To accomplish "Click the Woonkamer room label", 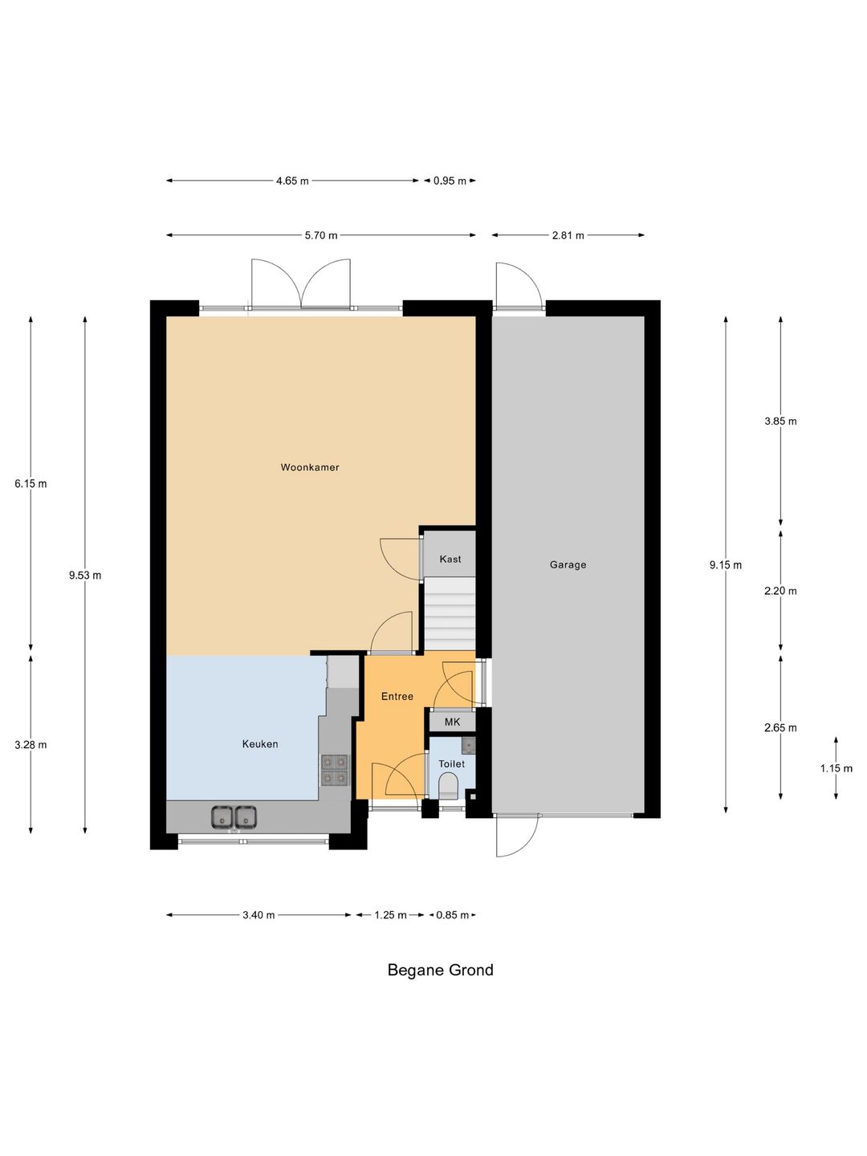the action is point(310,467).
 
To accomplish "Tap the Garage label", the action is point(568,564).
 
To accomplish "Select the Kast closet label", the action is point(450,559).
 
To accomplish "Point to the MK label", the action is point(452,722).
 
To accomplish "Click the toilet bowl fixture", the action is point(449,784).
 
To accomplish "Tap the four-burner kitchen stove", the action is point(334,770).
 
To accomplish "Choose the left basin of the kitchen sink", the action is point(222,817).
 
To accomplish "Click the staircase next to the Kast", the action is point(450,615).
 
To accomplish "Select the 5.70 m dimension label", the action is point(321,235).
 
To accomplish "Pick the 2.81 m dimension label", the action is point(568,235).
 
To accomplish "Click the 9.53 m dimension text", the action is point(85,575).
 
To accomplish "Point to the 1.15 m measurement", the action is point(836,768).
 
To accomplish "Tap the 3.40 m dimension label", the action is point(258,915).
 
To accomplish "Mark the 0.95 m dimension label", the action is point(450,181).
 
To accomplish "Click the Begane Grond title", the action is point(441,970).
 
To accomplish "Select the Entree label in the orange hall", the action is point(397,696).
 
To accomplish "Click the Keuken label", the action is point(260,743).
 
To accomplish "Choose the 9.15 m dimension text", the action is point(726,565).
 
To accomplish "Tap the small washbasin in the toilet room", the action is point(468,744).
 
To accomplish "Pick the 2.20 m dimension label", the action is point(780,591).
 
